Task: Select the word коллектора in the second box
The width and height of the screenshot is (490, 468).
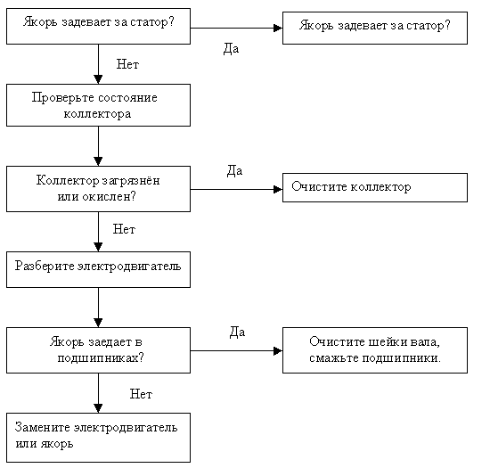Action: click(x=97, y=114)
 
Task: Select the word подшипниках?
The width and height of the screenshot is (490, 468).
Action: click(x=101, y=358)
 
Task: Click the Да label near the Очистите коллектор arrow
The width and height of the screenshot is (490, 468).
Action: click(x=234, y=171)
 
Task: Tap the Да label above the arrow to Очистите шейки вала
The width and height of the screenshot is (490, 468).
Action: click(x=237, y=332)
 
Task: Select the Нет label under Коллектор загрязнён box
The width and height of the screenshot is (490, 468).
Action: click(x=124, y=229)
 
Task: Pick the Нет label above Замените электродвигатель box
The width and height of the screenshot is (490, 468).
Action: click(x=141, y=394)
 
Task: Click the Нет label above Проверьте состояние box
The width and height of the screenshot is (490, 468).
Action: click(x=127, y=64)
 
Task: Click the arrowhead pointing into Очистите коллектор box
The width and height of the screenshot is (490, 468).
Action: click(x=278, y=189)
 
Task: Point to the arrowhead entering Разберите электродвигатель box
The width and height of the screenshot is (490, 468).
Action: click(x=98, y=247)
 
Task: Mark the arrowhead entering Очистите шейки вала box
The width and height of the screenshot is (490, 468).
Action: click(x=278, y=350)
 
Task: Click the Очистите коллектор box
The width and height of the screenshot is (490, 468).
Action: click(x=375, y=187)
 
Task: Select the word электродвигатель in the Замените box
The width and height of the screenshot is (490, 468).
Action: click(x=126, y=427)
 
